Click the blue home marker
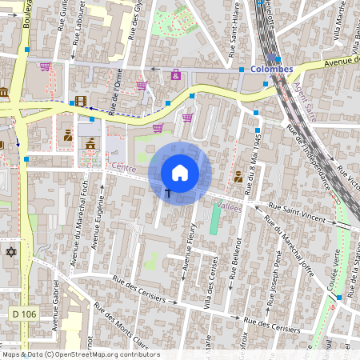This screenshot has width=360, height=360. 180,173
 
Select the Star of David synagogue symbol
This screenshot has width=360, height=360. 11,253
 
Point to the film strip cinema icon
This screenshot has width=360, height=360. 79,101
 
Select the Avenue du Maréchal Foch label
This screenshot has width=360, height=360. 79,240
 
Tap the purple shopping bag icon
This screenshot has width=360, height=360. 175,74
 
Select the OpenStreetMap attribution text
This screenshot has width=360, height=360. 81,354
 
